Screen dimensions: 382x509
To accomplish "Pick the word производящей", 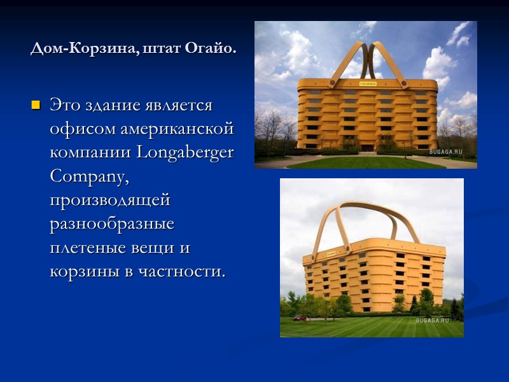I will pos(110,201).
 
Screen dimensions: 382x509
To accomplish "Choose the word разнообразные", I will pos(112,224).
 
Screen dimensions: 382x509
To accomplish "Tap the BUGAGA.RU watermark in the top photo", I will pos(453,152).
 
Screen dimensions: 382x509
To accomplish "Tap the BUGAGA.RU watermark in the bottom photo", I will pos(433,321).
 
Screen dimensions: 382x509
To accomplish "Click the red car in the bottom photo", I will pos(299,317).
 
